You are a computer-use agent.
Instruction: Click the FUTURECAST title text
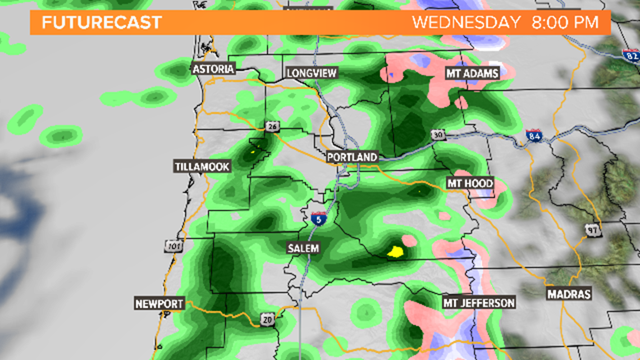(102, 23)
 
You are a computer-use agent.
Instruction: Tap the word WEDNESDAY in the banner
(467, 23)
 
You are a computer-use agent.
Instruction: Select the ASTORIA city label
(213, 69)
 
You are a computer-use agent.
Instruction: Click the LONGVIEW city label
(312, 73)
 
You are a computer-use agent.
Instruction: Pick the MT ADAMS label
(472, 73)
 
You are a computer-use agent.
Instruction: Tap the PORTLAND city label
(353, 157)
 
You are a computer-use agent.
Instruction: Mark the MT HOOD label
(470, 183)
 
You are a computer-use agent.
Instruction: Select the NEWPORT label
(159, 304)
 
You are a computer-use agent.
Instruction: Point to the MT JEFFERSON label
(479, 303)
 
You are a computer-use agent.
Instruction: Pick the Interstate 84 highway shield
(534, 135)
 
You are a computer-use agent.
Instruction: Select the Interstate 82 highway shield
(630, 55)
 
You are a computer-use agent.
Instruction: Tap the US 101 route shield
(172, 245)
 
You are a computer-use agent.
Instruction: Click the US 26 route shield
(273, 127)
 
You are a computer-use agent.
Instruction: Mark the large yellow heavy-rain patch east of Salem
(396, 252)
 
